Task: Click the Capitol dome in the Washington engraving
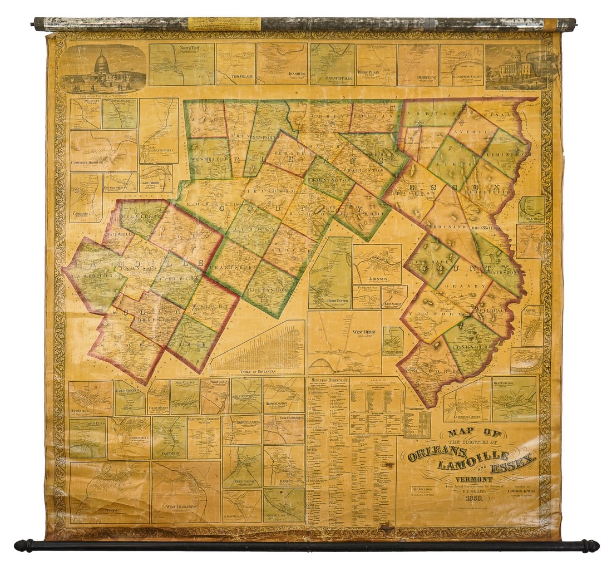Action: pos(101,62)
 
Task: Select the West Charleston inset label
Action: pos(182,507)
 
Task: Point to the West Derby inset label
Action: pos(364,332)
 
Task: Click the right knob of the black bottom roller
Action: pos(591,546)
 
